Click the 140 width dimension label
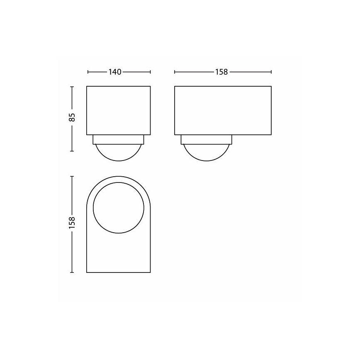[114, 72]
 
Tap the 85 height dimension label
[72, 117]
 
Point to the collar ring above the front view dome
[118, 139]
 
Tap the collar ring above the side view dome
[206, 139]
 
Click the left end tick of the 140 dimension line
[88, 72]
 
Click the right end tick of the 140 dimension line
[150, 72]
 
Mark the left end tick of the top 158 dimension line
[175, 72]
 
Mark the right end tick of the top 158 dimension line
[271, 72]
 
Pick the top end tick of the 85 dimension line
[72, 86]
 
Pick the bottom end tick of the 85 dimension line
[72, 151]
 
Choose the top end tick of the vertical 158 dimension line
[72, 176]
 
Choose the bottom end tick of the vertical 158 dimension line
[72, 272]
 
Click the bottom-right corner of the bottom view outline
[150, 272]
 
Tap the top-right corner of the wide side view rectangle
[271, 86]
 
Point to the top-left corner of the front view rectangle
[87, 86]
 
